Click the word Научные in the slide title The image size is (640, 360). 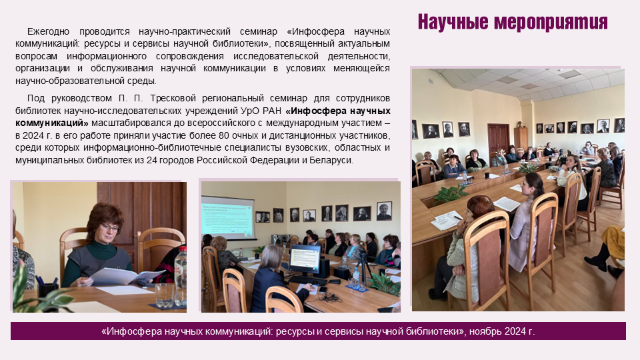pyautogui.click(x=453, y=22)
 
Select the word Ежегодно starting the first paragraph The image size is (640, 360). pyautogui.click(x=48, y=32)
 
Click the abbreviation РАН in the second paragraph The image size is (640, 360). pyautogui.click(x=271, y=111)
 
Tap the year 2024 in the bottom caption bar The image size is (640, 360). pyautogui.click(x=515, y=331)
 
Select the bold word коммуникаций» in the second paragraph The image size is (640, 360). pyautogui.click(x=52, y=123)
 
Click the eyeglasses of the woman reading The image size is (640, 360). pyautogui.click(x=109, y=227)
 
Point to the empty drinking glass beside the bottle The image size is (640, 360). pyautogui.click(x=165, y=295)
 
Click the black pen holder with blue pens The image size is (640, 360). pyautogui.click(x=47, y=290)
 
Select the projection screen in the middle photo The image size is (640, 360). pyautogui.click(x=228, y=217)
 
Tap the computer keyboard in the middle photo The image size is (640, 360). pyautogui.click(x=307, y=281)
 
